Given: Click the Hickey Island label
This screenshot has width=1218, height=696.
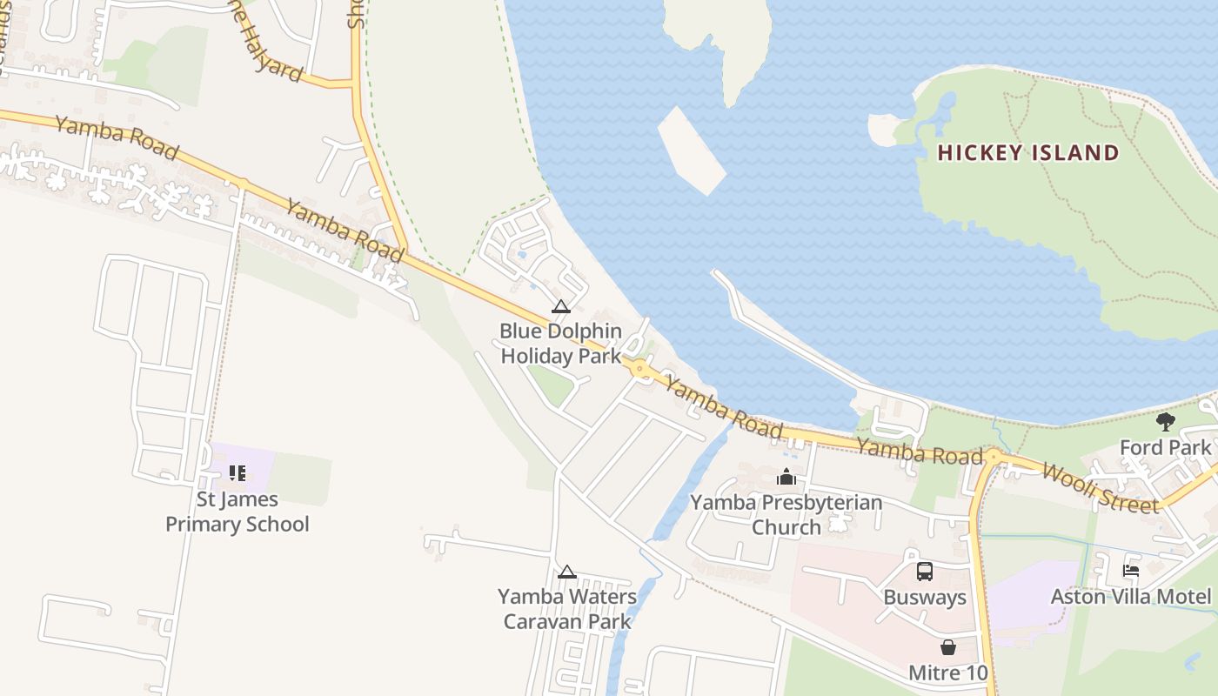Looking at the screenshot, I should coord(1027,154).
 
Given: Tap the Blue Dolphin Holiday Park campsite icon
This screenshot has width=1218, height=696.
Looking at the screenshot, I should coord(560,306).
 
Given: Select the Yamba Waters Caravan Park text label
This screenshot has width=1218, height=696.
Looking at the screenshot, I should coord(567,609).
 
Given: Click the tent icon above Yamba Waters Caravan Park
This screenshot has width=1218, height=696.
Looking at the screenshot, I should coord(566,572).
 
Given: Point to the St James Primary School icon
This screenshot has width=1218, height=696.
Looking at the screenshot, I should coord(237,473).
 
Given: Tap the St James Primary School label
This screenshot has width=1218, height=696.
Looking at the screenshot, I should coord(238,512).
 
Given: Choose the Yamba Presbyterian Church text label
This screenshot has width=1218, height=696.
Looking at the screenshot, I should coord(786,514).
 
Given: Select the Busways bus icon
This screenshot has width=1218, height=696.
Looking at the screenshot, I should coord(924,572).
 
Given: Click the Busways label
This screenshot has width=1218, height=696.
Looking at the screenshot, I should coord(925,598).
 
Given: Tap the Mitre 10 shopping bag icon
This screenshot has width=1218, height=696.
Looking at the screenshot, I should coord(947,647).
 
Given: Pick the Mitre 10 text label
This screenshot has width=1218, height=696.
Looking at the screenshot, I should coord(948,673).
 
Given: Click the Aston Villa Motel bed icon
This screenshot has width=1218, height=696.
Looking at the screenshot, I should coord(1131,571).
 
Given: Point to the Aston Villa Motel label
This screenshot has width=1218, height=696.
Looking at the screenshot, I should coord(1131,597).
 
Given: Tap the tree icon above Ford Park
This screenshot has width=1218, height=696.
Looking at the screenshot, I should coord(1165,423).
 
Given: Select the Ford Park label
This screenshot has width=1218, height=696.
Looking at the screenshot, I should coord(1165,447).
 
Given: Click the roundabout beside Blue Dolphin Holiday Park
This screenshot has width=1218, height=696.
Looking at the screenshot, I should coord(640,369).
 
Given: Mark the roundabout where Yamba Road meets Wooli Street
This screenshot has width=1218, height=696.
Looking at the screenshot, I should coord(994,456).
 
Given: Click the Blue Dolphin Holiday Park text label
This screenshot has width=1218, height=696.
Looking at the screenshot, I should coord(561,344).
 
